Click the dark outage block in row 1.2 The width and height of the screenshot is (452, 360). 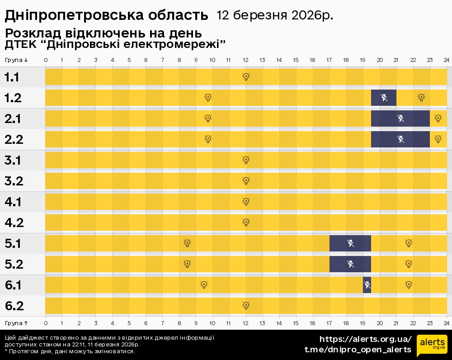pos(384,97)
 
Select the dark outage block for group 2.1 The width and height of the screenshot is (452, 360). pos(400,118)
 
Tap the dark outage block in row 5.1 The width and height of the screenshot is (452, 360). pos(350,243)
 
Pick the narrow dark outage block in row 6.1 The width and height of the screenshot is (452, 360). pos(367,285)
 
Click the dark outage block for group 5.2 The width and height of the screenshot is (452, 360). pos(350,264)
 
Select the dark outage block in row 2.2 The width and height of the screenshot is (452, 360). pos(400,139)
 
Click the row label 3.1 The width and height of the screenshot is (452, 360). pos(14,161)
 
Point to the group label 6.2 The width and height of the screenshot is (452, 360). pos(14,306)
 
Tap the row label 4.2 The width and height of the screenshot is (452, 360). pos(14,223)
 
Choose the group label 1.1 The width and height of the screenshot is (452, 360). pos(12,77)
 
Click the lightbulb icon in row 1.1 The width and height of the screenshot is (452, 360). pos(246,77)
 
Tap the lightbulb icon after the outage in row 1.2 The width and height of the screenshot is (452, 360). pos(421,97)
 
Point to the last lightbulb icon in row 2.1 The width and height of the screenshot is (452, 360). pos(438,118)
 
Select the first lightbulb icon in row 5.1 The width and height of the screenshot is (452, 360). pos(188,243)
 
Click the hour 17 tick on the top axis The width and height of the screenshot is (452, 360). pos(329,60)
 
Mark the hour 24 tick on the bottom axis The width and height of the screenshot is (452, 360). pos(446,323)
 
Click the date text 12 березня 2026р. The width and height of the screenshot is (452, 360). pos(275,15)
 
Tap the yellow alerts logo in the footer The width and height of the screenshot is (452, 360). pos(432,345)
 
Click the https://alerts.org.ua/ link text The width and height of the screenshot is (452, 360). pos(366,339)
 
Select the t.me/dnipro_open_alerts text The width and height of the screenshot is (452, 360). pos(358,350)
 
